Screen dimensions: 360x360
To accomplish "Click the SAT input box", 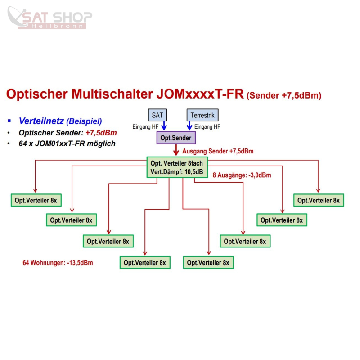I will click(157, 115).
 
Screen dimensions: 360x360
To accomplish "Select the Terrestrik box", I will click(203, 115).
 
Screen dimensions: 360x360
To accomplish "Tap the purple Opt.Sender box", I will click(176, 138).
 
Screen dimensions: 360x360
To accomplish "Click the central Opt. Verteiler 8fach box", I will click(177, 167).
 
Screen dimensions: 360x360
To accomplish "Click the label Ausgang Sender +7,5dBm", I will click(218, 151).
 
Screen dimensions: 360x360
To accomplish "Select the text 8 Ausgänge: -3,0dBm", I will click(242, 175).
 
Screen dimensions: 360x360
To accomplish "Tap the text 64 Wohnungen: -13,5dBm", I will click(58, 262).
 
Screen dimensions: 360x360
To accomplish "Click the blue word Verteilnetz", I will click(41, 121).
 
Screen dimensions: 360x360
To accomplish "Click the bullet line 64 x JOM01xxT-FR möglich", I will click(67, 144).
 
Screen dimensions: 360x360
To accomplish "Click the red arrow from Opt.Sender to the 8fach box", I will click(176, 150).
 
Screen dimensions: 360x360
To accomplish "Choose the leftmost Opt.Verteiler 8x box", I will click(36, 200).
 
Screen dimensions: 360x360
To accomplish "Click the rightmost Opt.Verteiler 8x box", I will click(319, 200).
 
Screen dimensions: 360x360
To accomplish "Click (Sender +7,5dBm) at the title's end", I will click(284, 95).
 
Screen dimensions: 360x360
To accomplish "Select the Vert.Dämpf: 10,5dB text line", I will click(177, 172).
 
